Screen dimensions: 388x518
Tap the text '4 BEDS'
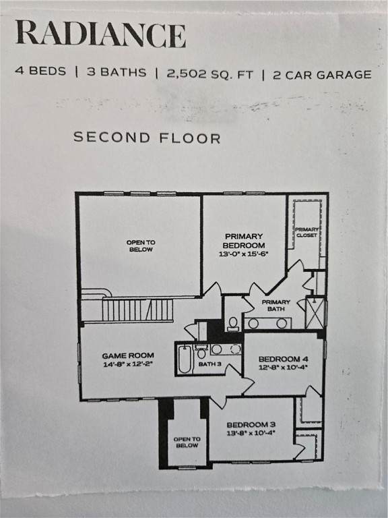[40, 71]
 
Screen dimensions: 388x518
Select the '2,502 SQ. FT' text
[210, 74]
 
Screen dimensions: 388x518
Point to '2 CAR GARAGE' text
[322, 75]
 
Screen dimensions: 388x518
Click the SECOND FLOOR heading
[147, 138]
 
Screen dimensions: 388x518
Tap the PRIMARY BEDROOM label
[244, 241]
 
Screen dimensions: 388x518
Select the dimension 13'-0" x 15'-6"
[244, 254]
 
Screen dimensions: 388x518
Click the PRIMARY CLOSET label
[307, 232]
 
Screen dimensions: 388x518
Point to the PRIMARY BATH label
[276, 306]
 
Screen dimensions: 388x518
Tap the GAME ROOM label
[128, 356]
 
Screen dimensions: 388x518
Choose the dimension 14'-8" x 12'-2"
[128, 364]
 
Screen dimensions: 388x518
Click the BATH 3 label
[210, 364]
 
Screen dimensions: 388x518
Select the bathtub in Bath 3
[185, 359]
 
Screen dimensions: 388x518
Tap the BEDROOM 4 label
[284, 359]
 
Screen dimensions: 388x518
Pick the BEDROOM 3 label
[251, 425]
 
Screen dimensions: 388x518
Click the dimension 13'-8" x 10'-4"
[251, 433]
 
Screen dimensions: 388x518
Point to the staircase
[137, 310]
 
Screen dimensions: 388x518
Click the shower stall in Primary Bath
[315, 313]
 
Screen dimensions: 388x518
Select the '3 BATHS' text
[117, 72]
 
